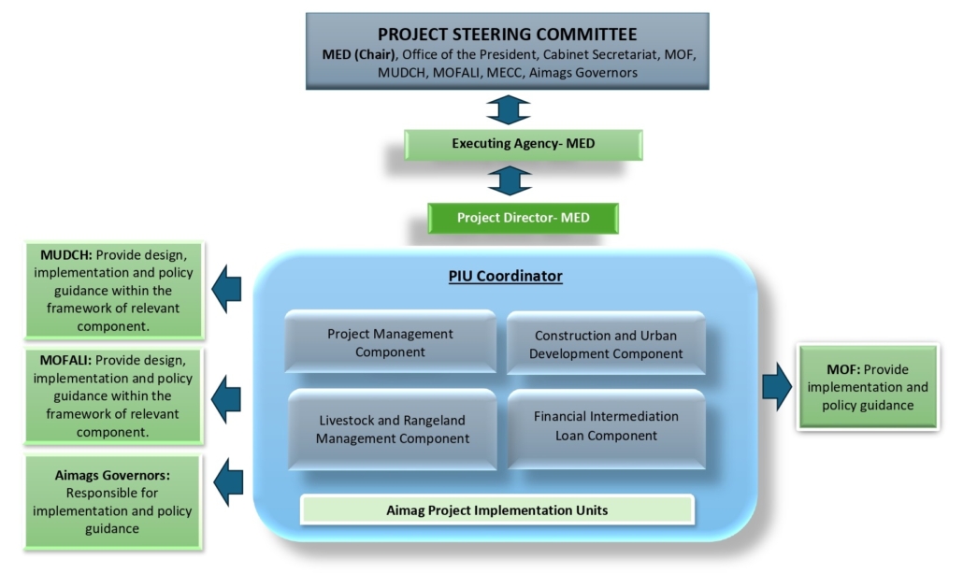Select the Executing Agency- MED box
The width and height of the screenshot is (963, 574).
523,144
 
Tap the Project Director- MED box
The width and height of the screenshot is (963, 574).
523,218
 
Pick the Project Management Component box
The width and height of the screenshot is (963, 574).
390,342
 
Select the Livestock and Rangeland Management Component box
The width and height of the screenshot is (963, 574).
392,429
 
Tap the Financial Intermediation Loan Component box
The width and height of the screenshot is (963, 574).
606,425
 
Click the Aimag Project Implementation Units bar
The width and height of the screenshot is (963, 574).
497,509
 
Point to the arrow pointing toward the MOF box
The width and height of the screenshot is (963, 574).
777,385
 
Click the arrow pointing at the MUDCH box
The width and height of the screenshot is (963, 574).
226,288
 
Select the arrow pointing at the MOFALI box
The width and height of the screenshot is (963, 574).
226,397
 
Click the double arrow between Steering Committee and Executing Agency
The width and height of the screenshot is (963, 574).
509,108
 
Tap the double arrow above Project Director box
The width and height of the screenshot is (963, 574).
509,179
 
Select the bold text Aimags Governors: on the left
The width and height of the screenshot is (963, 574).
112,476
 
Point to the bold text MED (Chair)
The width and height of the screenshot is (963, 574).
356,54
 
